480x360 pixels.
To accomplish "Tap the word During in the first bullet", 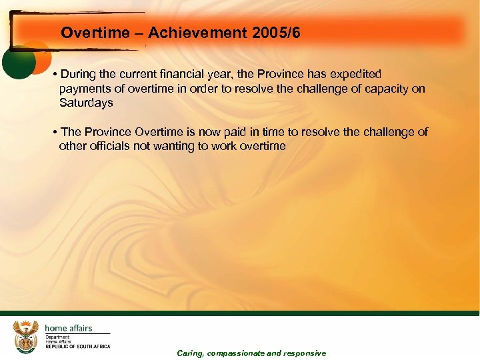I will (78, 74).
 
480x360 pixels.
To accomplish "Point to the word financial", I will (205, 74).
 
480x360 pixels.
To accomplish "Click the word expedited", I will (352, 74).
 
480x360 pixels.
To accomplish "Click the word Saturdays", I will (86, 103).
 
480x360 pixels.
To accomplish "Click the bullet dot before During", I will (54, 74).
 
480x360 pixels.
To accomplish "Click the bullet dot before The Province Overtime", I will (54, 132).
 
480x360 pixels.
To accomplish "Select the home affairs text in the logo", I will (68, 328).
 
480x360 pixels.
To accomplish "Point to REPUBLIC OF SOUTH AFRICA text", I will (77, 347).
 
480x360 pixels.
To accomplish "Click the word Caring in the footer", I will (190, 353).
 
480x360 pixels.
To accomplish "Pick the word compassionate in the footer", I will (235, 353).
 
